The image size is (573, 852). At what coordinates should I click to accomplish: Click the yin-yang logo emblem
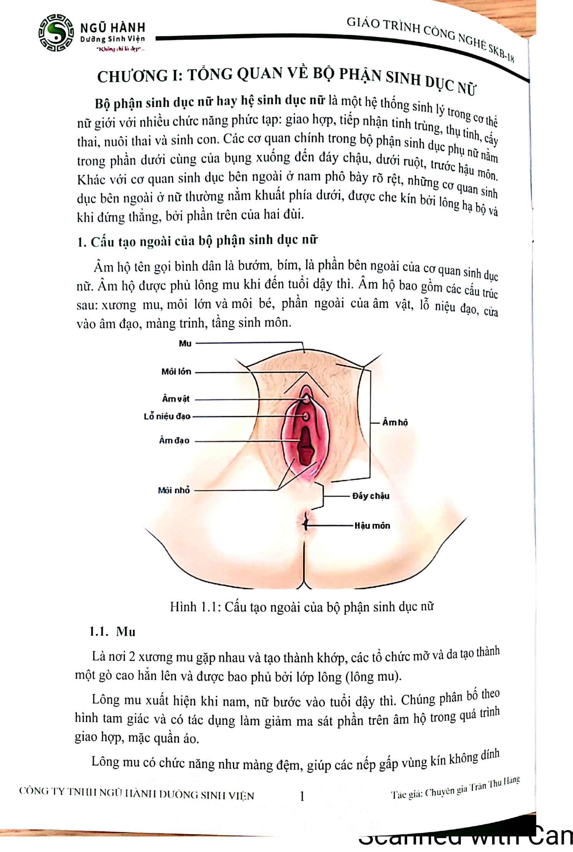56,33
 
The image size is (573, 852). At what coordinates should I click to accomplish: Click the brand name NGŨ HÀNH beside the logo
113,28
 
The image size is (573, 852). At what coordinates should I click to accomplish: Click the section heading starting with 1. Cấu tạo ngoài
197,241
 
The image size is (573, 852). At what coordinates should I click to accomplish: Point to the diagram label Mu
185,344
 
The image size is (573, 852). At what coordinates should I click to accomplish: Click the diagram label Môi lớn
176,372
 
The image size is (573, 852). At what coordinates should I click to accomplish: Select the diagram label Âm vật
176,399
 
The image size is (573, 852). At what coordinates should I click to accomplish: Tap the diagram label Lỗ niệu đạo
167,417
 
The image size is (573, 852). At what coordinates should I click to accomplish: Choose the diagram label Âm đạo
174,441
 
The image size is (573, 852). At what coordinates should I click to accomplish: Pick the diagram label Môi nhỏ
174,490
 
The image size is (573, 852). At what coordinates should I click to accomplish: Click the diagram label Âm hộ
395,422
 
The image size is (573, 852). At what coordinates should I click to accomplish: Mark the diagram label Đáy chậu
371,496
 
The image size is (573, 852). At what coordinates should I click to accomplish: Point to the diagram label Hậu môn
372,526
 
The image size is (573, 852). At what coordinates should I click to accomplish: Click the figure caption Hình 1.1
302,607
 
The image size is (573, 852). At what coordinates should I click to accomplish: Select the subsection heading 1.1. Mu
113,632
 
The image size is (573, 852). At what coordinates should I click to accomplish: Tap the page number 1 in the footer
302,796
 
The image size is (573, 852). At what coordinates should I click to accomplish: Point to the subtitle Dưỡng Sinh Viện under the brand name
113,39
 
